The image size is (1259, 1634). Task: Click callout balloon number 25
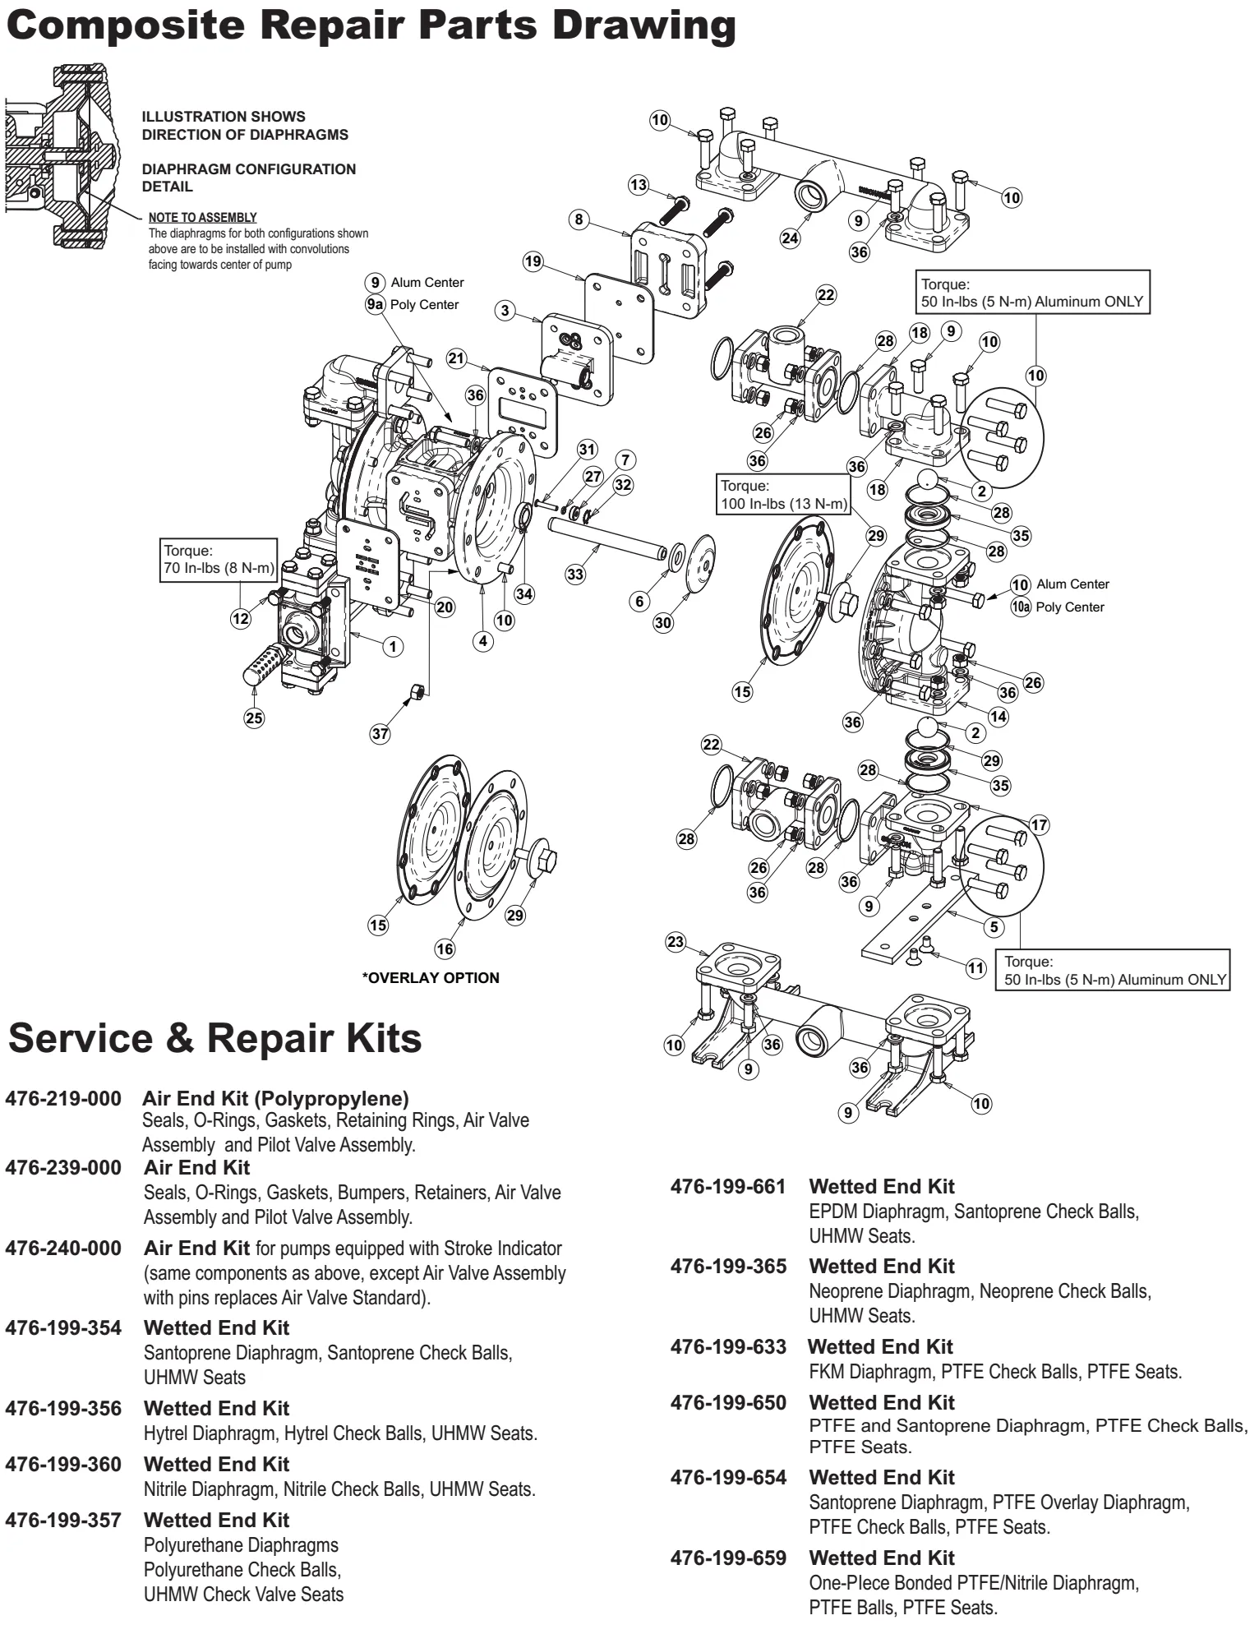[x=254, y=718]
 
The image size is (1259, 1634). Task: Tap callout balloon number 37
[x=380, y=733]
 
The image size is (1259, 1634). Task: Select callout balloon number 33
[x=575, y=574]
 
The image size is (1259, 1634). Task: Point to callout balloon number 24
[x=790, y=238]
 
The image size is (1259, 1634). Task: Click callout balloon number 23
[x=676, y=942]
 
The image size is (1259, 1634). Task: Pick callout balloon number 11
[x=975, y=967]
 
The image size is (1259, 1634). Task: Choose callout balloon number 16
[x=445, y=949]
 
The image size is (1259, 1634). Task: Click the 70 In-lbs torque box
[x=219, y=560]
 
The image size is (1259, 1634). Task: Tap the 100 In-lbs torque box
[x=783, y=494]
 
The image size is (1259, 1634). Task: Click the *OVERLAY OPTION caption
[x=431, y=977]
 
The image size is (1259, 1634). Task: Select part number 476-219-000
[x=63, y=1098]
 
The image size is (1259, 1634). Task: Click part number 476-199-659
[x=728, y=1558]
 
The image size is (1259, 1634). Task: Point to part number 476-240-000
[x=63, y=1248]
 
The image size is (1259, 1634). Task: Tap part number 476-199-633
[x=728, y=1346]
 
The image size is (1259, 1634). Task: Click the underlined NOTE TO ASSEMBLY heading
[x=202, y=218]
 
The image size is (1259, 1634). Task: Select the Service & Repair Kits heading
[x=215, y=1038]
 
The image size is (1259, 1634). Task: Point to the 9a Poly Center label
[x=413, y=305]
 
